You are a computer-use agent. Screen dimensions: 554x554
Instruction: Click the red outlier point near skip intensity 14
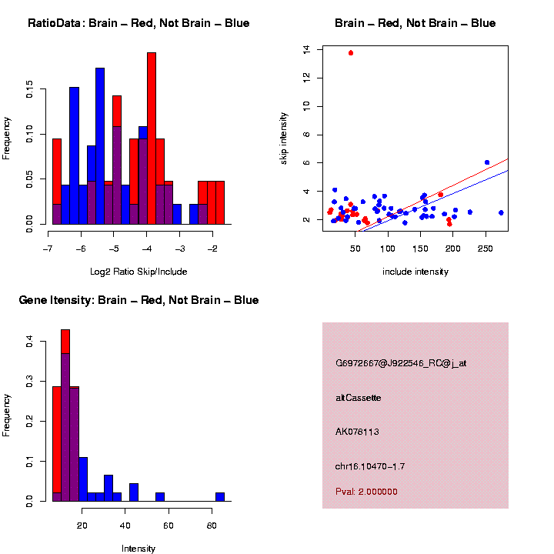coord(351,52)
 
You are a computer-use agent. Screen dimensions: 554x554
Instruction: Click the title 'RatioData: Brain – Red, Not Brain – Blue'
coord(138,23)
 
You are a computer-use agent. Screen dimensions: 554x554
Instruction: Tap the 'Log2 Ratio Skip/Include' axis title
coord(138,272)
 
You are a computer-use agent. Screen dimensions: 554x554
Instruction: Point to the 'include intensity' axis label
coord(415,272)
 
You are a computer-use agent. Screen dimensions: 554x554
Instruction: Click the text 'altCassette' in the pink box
coord(358,398)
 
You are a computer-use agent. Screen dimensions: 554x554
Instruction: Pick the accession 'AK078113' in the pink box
coord(357,432)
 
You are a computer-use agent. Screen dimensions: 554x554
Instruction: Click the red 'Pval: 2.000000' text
coord(366,492)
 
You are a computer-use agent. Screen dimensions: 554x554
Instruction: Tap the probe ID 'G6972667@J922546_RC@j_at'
coord(401,363)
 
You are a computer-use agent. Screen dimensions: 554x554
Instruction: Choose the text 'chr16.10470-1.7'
coord(369,466)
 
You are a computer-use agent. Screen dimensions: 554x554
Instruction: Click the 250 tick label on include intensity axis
coord(486,248)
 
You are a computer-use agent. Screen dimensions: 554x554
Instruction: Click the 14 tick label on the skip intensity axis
coord(307,49)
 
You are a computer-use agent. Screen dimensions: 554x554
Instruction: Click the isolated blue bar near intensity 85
coord(220,497)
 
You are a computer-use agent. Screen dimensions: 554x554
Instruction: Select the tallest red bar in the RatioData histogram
coord(152,138)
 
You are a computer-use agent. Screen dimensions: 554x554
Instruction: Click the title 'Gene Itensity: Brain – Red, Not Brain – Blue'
coord(138,300)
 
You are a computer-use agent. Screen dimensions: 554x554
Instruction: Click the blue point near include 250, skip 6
coord(487,162)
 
